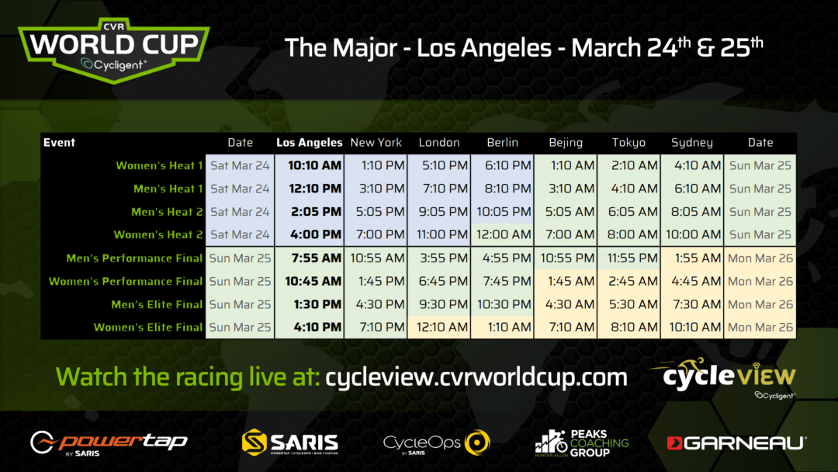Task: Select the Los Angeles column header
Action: pos(309,143)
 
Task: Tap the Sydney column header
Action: pos(692,143)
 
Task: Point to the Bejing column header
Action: pos(566,143)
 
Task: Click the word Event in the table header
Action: pos(59,143)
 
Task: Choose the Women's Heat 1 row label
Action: pos(159,165)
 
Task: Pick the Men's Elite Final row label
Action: pos(157,304)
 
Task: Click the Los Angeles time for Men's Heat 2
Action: pos(316,212)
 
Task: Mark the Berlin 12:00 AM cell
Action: pos(502,234)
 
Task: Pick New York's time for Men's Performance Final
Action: pos(377,259)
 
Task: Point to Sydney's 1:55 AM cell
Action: pos(698,259)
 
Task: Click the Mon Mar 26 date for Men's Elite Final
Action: pos(760,304)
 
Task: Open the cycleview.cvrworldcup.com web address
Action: pos(476,377)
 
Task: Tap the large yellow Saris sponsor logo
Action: pos(290,442)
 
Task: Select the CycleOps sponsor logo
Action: pos(437,443)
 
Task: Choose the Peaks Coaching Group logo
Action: pos(581,443)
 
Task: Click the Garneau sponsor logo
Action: pos(736,443)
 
